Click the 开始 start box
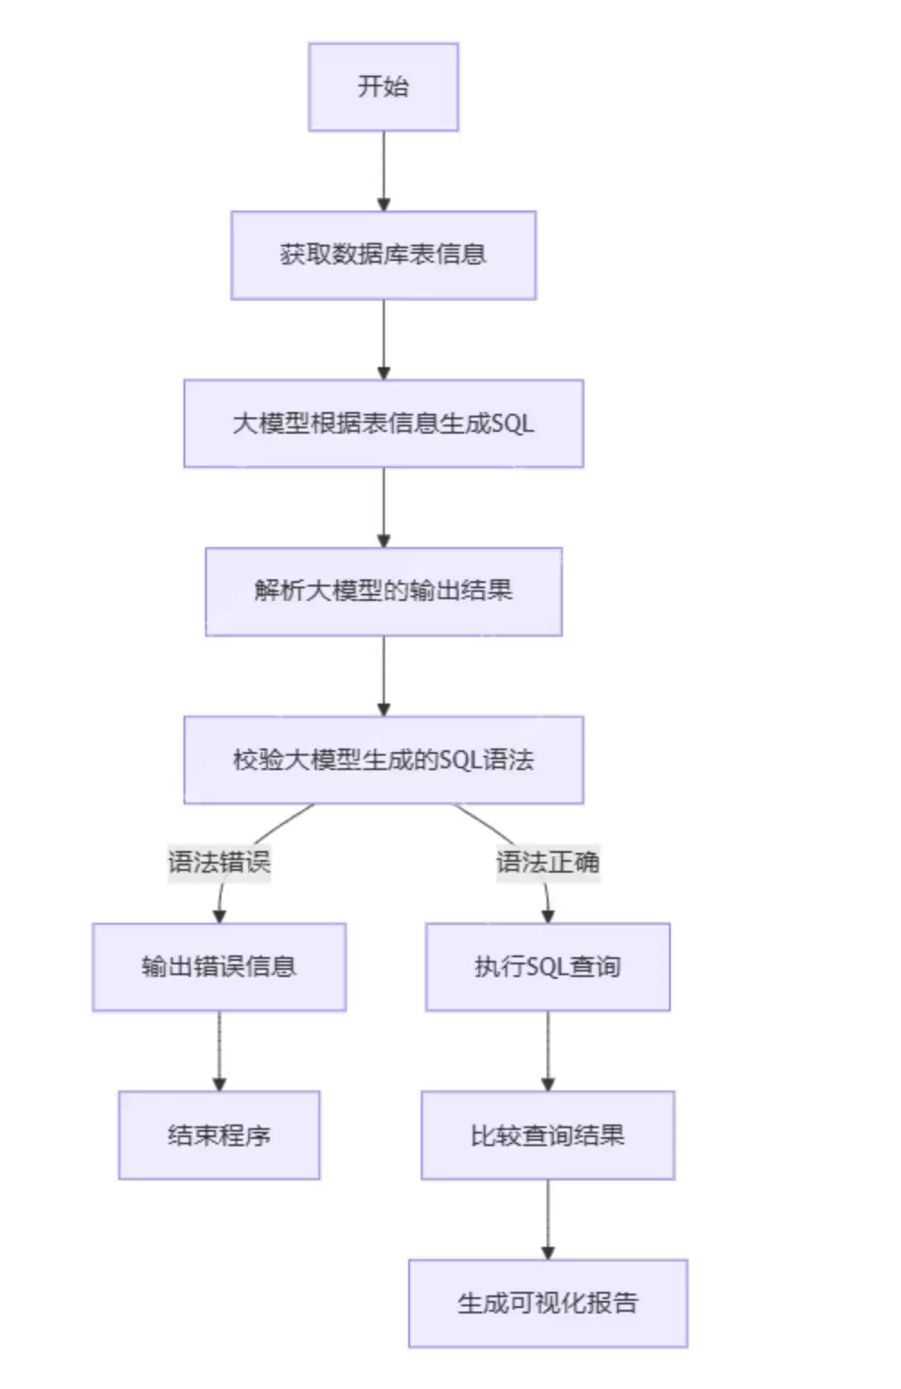pyautogui.click(x=383, y=87)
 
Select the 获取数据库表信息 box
pyautogui.click(x=383, y=255)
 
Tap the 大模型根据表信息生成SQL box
pyautogui.click(x=383, y=424)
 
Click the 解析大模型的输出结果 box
pyautogui.click(x=383, y=592)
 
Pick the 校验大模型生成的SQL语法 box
pyautogui.click(x=383, y=760)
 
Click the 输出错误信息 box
pyautogui.click(x=219, y=967)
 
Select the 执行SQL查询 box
pyautogui.click(x=548, y=967)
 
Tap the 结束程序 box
pyautogui.click(x=219, y=1135)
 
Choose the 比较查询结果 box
pyautogui.click(x=548, y=1135)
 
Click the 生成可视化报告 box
pyautogui.click(x=548, y=1304)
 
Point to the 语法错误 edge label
pyautogui.click(x=219, y=862)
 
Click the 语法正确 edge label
pyautogui.click(x=548, y=862)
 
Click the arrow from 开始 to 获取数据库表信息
pyautogui.click(x=384, y=171)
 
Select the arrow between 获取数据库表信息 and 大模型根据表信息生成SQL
pyautogui.click(x=384, y=339)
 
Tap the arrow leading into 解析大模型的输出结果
pyautogui.click(x=384, y=507)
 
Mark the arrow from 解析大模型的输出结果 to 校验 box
pyautogui.click(x=384, y=676)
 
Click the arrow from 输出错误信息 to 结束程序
pyautogui.click(x=219, y=1051)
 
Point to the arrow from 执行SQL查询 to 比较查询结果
pyautogui.click(x=548, y=1051)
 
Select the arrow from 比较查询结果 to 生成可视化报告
pyautogui.click(x=548, y=1219)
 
